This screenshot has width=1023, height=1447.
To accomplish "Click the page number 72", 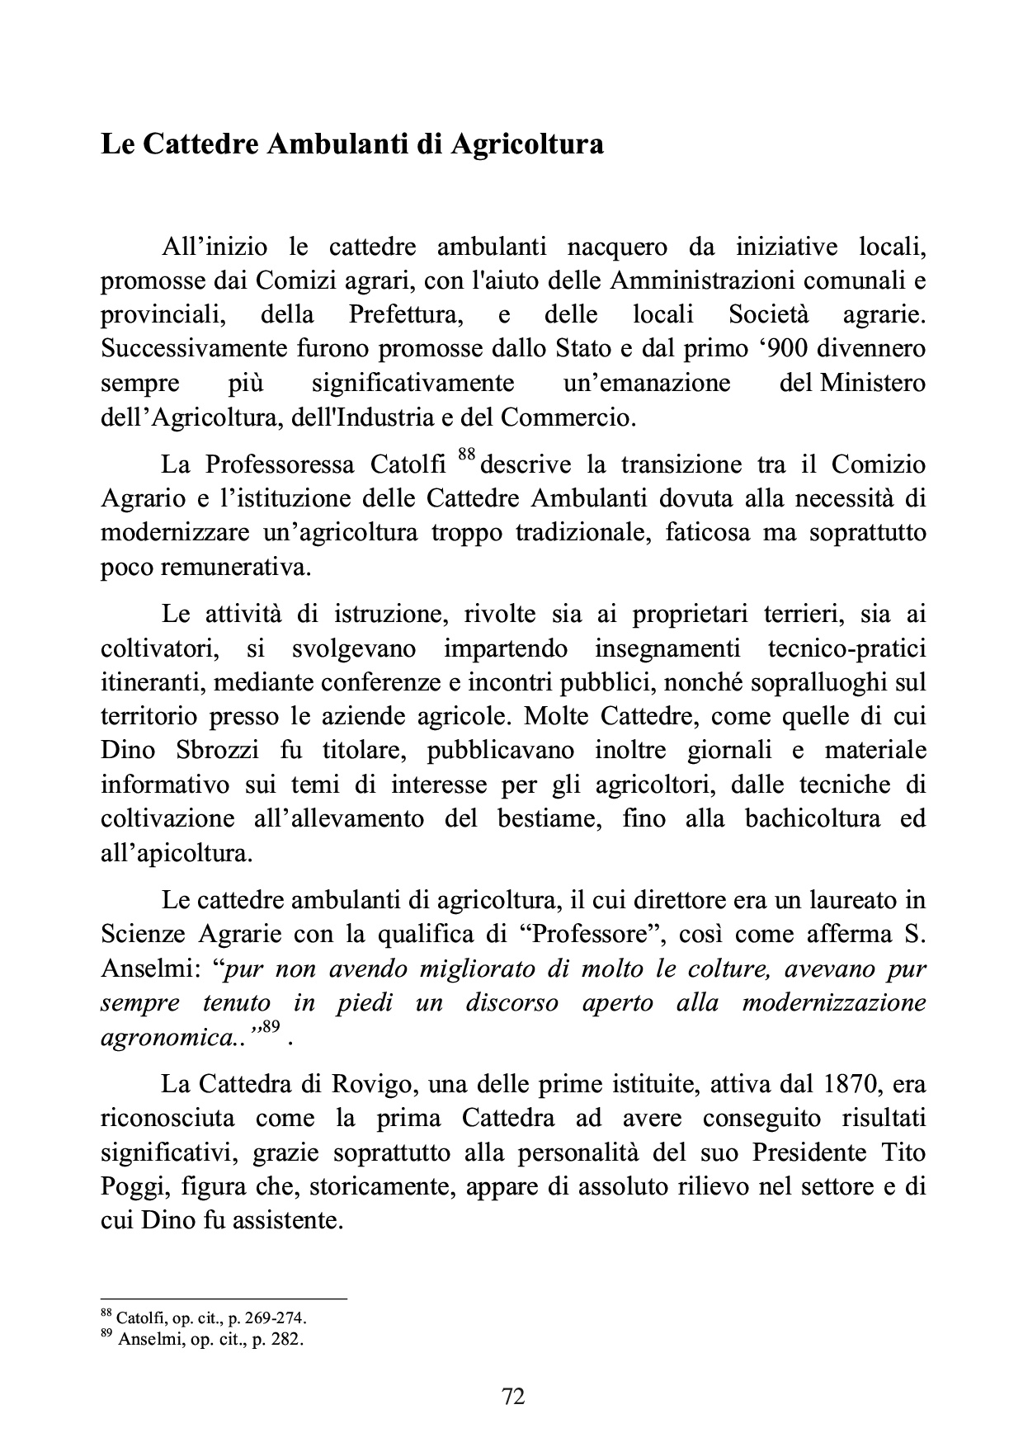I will [x=513, y=1396].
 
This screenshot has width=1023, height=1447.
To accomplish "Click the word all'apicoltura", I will [x=176, y=853].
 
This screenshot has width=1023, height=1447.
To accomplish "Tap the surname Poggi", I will [x=132, y=1186].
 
